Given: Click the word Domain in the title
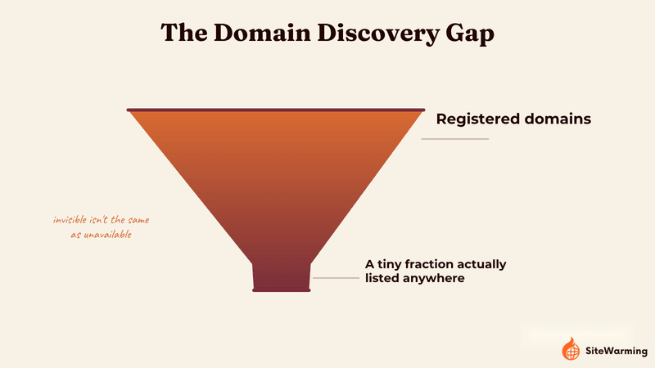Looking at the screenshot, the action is [262, 33].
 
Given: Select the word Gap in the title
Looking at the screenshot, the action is [470, 34].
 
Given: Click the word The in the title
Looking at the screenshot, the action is [183, 33].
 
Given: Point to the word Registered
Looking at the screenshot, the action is [477, 119].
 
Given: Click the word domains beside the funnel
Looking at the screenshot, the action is [558, 119].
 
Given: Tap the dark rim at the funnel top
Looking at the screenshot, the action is [276, 110].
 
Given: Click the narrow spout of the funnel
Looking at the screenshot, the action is [281, 277].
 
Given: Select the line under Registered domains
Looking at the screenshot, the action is [455, 139].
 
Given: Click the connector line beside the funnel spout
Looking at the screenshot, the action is [336, 278].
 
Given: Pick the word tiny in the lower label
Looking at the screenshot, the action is [390, 264].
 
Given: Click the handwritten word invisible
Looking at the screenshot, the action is [70, 219].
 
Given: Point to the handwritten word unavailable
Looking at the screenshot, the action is [107, 235].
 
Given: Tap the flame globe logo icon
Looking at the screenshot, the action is [571, 349].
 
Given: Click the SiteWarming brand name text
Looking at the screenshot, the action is [617, 351].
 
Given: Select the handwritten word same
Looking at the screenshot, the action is [138, 220].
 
